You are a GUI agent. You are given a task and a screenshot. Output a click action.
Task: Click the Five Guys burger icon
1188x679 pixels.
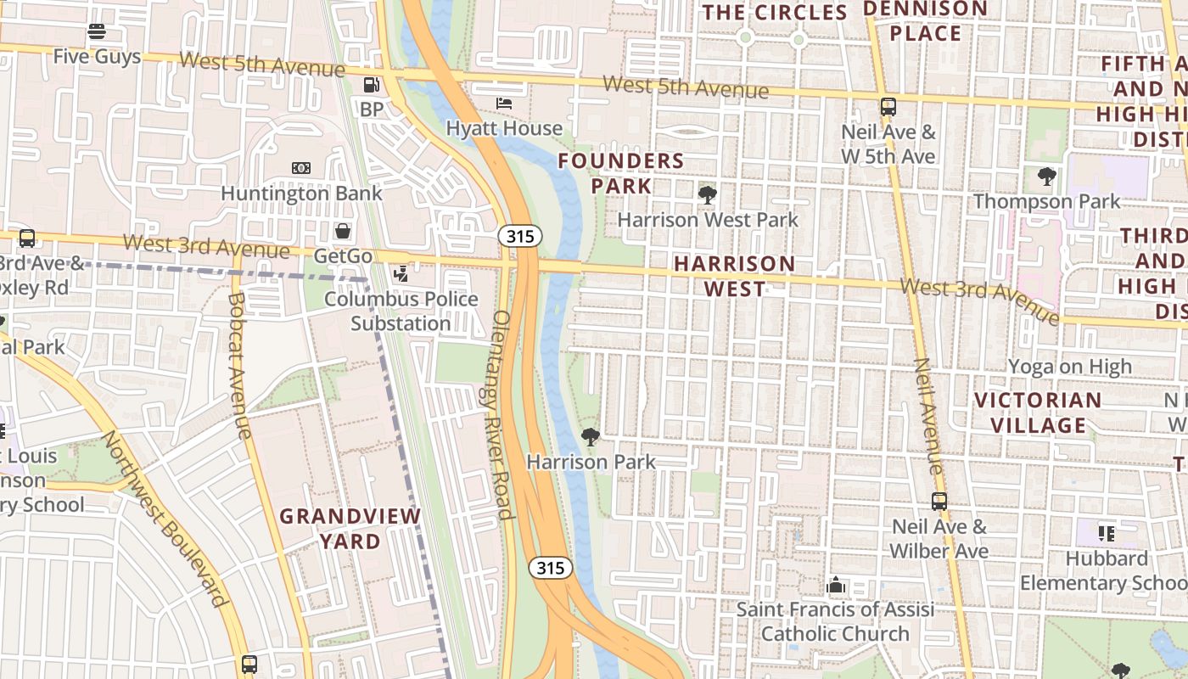click(96, 32)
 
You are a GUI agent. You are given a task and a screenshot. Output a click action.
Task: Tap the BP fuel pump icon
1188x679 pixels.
click(371, 85)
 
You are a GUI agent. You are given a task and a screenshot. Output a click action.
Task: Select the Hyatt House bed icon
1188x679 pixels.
click(504, 104)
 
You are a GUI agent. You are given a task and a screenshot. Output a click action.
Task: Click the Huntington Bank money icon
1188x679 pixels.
click(300, 168)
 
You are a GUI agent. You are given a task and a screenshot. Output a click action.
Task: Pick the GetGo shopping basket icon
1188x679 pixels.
click(343, 231)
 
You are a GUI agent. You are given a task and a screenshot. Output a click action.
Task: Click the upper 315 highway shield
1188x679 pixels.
click(519, 237)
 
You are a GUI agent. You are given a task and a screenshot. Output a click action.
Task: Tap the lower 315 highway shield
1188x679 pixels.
click(550, 568)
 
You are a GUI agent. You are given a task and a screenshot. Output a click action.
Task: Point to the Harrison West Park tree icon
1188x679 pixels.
click(707, 195)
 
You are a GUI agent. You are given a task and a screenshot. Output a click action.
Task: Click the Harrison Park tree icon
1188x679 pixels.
click(591, 437)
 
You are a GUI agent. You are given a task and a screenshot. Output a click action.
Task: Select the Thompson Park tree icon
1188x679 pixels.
click(1046, 177)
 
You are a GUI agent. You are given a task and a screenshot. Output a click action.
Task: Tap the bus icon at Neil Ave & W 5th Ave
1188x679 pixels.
click(888, 107)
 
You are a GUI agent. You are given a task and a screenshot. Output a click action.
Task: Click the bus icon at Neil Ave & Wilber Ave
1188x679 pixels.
click(939, 502)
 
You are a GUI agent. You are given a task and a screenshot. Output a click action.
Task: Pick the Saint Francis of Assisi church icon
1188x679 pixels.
click(835, 585)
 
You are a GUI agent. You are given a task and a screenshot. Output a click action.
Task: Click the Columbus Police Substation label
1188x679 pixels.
click(401, 311)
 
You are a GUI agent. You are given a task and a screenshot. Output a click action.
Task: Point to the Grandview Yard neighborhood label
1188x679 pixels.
click(350, 528)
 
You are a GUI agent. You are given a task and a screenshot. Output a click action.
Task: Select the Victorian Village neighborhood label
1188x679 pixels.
click(1037, 412)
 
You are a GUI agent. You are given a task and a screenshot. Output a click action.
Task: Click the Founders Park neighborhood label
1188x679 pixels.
click(621, 173)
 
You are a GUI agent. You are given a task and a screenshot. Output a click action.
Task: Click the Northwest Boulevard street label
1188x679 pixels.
click(166, 518)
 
